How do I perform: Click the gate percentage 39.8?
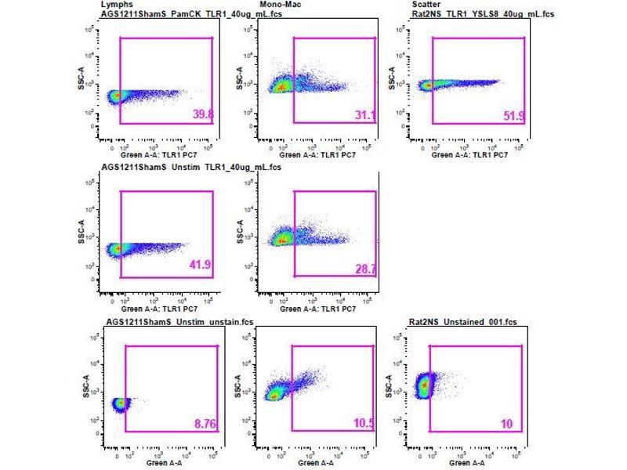tap(203, 115)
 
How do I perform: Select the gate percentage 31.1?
tap(365, 115)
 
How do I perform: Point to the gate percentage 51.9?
tap(514, 116)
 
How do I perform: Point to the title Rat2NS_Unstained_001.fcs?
tap(445, 322)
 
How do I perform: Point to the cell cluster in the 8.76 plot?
tap(120, 404)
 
